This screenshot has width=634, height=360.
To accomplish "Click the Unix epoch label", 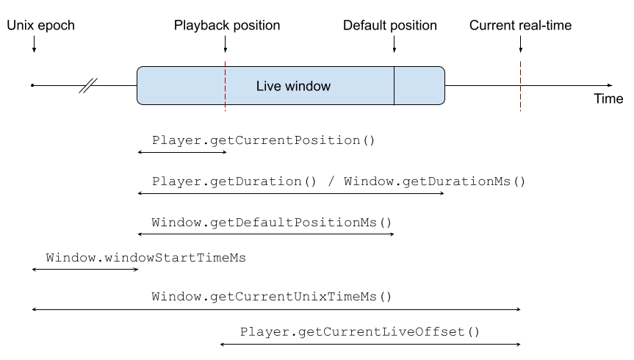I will (x=41, y=26).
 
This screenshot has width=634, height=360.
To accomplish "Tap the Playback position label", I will (x=227, y=26).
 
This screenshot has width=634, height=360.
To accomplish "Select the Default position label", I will (x=390, y=26).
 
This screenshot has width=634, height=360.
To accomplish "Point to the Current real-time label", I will (x=520, y=26).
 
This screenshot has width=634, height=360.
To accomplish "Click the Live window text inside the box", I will (x=293, y=86).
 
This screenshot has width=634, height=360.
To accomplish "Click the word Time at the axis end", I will (x=608, y=99).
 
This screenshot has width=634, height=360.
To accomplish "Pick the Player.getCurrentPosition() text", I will (x=264, y=140).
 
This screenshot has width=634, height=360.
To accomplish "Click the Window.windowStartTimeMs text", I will (x=145, y=258).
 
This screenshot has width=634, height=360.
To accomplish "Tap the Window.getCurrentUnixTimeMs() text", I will (x=272, y=297).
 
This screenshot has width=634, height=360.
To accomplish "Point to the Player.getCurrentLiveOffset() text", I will (x=360, y=332).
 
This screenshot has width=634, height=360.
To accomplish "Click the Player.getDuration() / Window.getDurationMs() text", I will (x=339, y=181).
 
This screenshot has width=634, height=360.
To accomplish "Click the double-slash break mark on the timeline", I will (x=88, y=85).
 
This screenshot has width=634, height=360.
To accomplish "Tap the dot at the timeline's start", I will (x=32, y=85).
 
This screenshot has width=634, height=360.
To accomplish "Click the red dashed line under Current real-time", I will (x=520, y=85).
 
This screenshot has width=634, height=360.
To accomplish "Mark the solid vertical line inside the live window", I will (x=395, y=85).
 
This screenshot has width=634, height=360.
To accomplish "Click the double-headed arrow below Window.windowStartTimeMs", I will (x=85, y=270).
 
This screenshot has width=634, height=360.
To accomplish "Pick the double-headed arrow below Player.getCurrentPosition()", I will (x=182, y=151).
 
